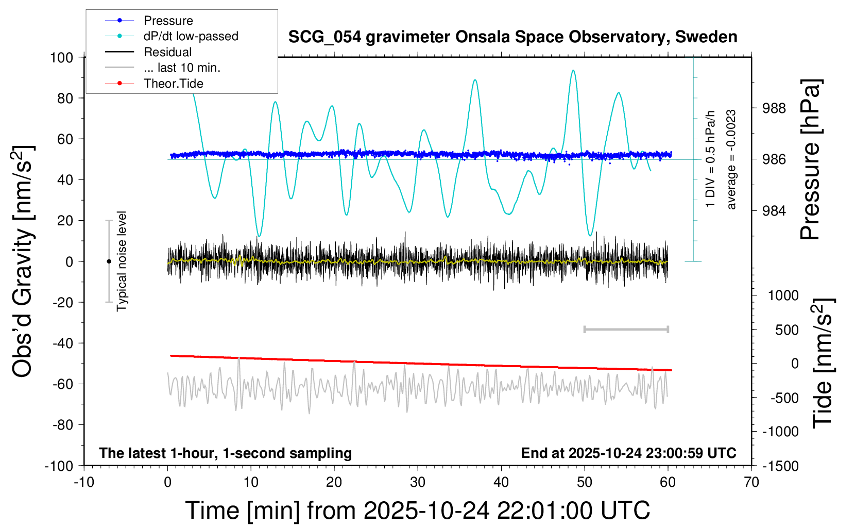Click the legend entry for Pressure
[x=168, y=21]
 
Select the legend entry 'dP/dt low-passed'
[x=191, y=36]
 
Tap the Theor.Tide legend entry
[x=173, y=84]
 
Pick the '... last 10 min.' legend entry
[x=182, y=68]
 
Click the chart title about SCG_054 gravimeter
[x=512, y=37]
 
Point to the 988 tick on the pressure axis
[x=774, y=108]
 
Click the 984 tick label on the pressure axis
[x=774, y=210]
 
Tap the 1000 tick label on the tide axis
[x=783, y=295]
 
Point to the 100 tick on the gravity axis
[x=61, y=57]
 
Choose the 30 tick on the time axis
[x=418, y=483]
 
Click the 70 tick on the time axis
[x=751, y=483]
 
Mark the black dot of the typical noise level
[x=109, y=261]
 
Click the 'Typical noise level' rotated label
[x=122, y=261]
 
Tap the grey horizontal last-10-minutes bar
[x=626, y=329]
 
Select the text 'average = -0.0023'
[x=731, y=159]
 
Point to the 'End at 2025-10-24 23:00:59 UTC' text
[x=628, y=453]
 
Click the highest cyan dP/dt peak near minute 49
[x=573, y=71]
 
